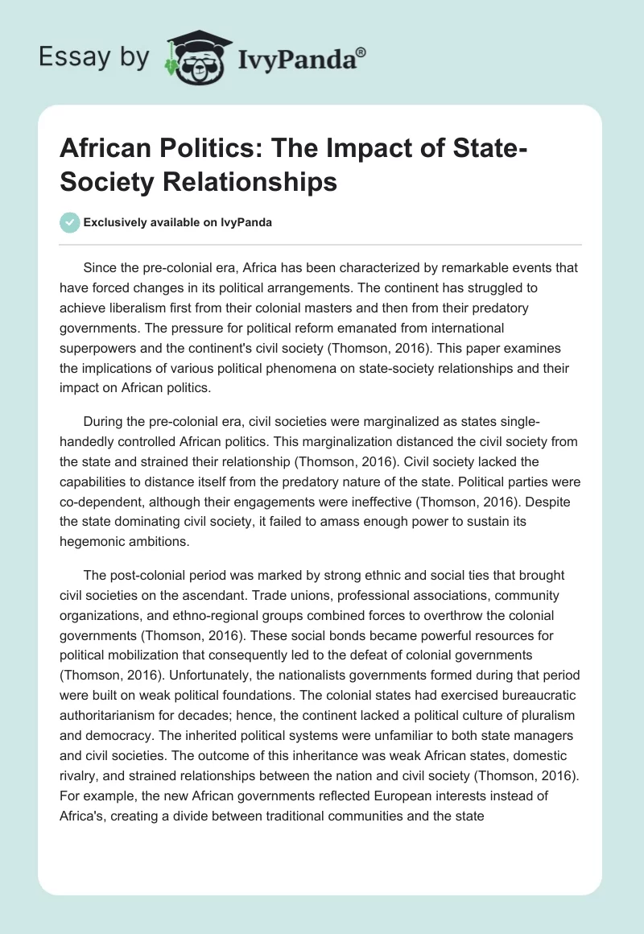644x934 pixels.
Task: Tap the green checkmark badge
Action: (x=70, y=223)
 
